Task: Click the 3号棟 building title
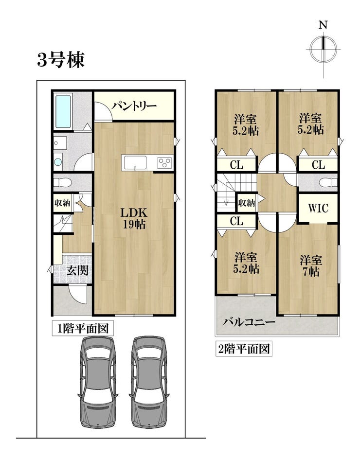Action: click(x=61, y=60)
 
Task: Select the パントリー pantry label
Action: click(x=134, y=106)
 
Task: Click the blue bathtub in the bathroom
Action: click(x=63, y=111)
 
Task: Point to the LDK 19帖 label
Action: click(x=134, y=218)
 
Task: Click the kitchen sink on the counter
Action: click(x=135, y=162)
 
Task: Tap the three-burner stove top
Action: click(x=165, y=162)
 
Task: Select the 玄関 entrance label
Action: click(x=77, y=270)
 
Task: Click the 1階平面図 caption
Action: click(x=83, y=328)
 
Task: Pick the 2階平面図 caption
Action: click(x=244, y=349)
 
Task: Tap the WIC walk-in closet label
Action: click(x=318, y=208)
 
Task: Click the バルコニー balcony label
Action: click(x=249, y=322)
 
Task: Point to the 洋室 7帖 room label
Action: click(x=311, y=265)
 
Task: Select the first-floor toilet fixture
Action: click(x=63, y=182)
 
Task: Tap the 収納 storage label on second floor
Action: click(x=246, y=203)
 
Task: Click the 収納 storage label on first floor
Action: click(x=62, y=203)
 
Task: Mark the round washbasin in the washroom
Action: click(x=58, y=162)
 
